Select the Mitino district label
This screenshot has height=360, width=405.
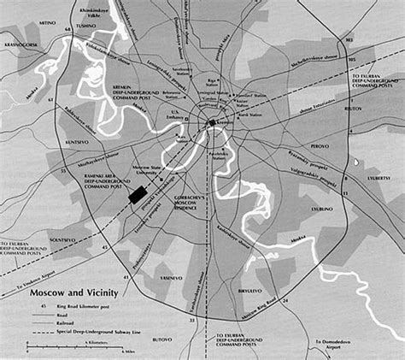click(x=58, y=26)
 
